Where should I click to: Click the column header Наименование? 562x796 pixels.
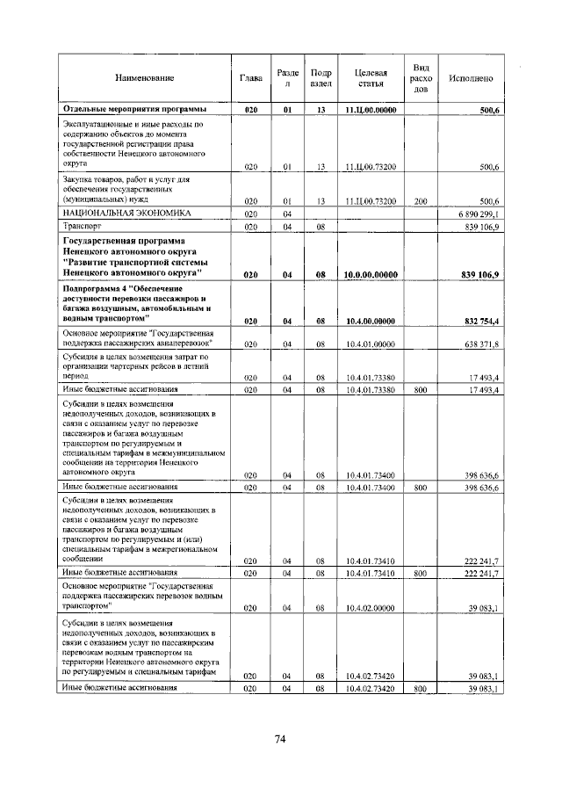(144, 79)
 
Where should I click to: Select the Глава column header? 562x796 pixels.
(251, 79)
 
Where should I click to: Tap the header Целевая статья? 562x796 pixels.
(370, 79)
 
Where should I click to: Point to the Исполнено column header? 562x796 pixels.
(470, 79)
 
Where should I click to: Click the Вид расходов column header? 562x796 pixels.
(421, 78)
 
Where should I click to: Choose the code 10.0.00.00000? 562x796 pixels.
(371, 276)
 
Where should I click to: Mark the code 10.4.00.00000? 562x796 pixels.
(371, 322)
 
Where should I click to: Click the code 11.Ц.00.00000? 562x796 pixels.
(371, 110)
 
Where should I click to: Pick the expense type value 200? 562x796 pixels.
(421, 201)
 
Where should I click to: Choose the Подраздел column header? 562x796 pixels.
(321, 79)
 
